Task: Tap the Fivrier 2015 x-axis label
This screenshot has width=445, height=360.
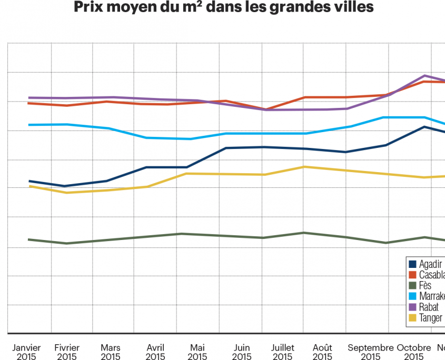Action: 67,352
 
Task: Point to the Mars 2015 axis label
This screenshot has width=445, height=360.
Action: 111,352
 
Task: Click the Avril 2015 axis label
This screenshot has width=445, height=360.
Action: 155,352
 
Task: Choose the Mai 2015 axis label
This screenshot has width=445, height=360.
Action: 197,352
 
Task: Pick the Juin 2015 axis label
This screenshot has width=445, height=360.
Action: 241,352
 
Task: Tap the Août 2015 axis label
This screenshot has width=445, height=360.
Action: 322,352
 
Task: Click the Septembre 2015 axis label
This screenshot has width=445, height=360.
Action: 371,352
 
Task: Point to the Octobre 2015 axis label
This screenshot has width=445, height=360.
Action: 414,352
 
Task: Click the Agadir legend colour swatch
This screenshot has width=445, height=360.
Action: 413,264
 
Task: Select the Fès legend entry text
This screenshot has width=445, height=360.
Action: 425,286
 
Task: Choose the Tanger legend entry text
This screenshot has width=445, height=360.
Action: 430,317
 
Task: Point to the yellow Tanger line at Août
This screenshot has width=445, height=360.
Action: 303,167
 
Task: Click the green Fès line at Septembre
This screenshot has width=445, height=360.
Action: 388,243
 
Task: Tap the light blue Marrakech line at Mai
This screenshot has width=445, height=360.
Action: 190,139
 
